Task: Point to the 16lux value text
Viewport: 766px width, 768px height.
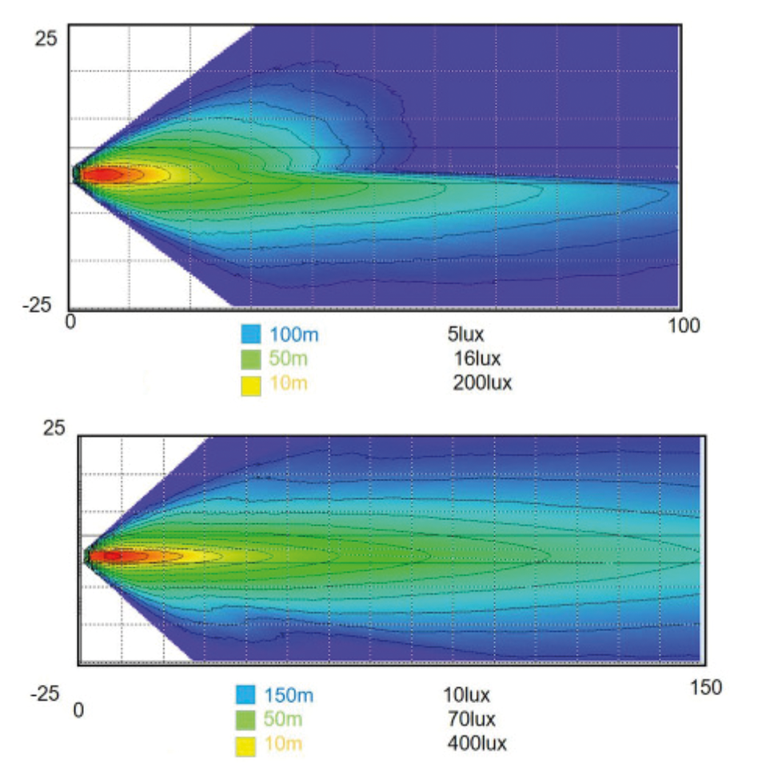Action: click(476, 358)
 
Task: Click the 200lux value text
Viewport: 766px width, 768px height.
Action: click(481, 383)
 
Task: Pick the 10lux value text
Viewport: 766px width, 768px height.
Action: click(466, 694)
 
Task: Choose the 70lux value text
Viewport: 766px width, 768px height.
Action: click(472, 718)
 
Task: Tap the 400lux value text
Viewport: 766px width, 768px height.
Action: click(477, 744)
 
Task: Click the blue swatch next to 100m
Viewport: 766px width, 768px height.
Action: click(251, 334)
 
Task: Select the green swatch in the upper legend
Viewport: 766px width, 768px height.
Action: click(251, 359)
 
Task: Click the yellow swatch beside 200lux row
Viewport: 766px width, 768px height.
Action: click(251, 385)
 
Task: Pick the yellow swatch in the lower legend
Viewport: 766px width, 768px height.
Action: click(245, 746)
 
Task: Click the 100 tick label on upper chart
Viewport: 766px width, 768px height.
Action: click(684, 325)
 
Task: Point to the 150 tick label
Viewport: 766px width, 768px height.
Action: click(706, 686)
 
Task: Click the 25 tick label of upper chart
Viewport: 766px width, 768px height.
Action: click(46, 38)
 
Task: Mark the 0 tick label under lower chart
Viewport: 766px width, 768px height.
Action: click(78, 709)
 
